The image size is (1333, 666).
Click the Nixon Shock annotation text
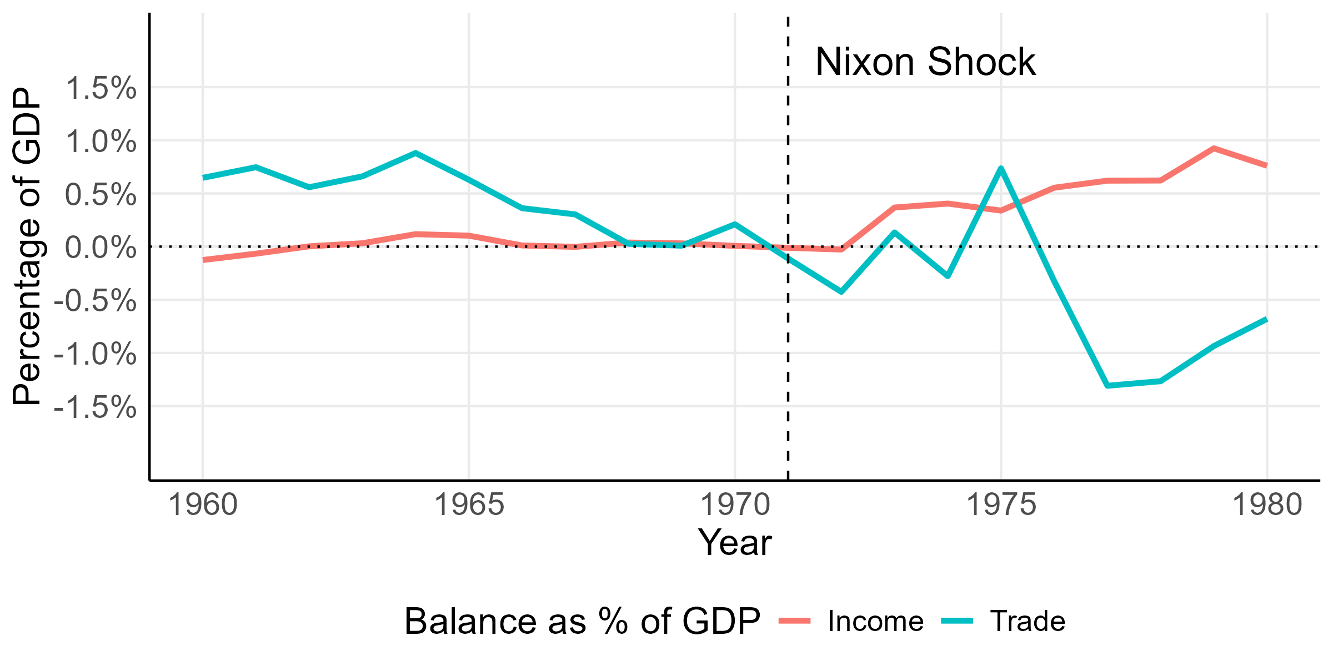click(x=925, y=62)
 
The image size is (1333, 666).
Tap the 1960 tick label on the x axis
click(x=203, y=506)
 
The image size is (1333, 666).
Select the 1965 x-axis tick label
click(x=469, y=506)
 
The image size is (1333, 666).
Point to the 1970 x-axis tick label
click(x=735, y=506)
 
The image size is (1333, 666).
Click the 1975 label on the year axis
click(x=1001, y=506)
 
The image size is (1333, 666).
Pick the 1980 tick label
click(x=1267, y=506)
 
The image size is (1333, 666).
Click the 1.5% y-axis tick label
click(x=101, y=88)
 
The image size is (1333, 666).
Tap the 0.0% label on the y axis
click(x=101, y=248)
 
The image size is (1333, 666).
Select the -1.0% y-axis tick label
click(x=95, y=354)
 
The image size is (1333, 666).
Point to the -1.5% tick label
click(x=95, y=407)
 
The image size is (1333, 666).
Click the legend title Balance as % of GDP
click(x=582, y=621)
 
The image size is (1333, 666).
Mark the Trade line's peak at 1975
click(x=1001, y=168)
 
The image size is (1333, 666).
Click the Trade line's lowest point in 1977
click(x=1108, y=385)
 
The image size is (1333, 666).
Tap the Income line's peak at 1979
click(x=1214, y=148)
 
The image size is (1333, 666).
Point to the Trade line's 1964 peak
click(x=415, y=153)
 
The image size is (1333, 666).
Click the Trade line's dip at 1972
click(x=841, y=291)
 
